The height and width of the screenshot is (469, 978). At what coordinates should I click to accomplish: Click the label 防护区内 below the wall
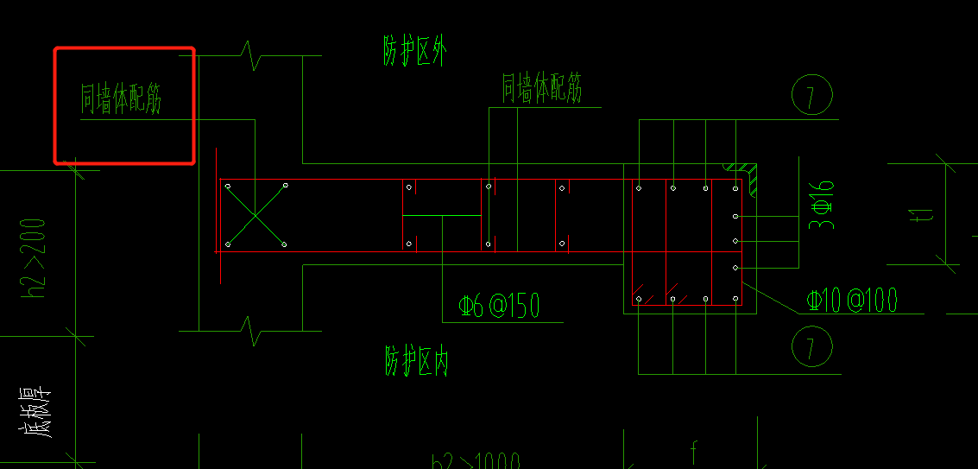point(416,359)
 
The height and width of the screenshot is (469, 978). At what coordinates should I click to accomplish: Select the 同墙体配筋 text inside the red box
point(121,98)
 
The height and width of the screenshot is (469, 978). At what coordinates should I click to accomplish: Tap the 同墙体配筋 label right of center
point(542,88)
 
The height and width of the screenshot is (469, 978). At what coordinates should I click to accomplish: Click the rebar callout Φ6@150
point(500,306)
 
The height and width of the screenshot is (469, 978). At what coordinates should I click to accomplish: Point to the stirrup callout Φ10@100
point(852,300)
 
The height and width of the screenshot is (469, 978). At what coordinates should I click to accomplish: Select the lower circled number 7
point(812,346)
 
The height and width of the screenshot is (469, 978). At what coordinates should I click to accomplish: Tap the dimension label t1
point(924,212)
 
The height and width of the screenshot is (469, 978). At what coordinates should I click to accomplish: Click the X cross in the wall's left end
point(256,215)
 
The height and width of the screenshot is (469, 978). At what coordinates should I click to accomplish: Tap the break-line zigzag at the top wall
point(251,57)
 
